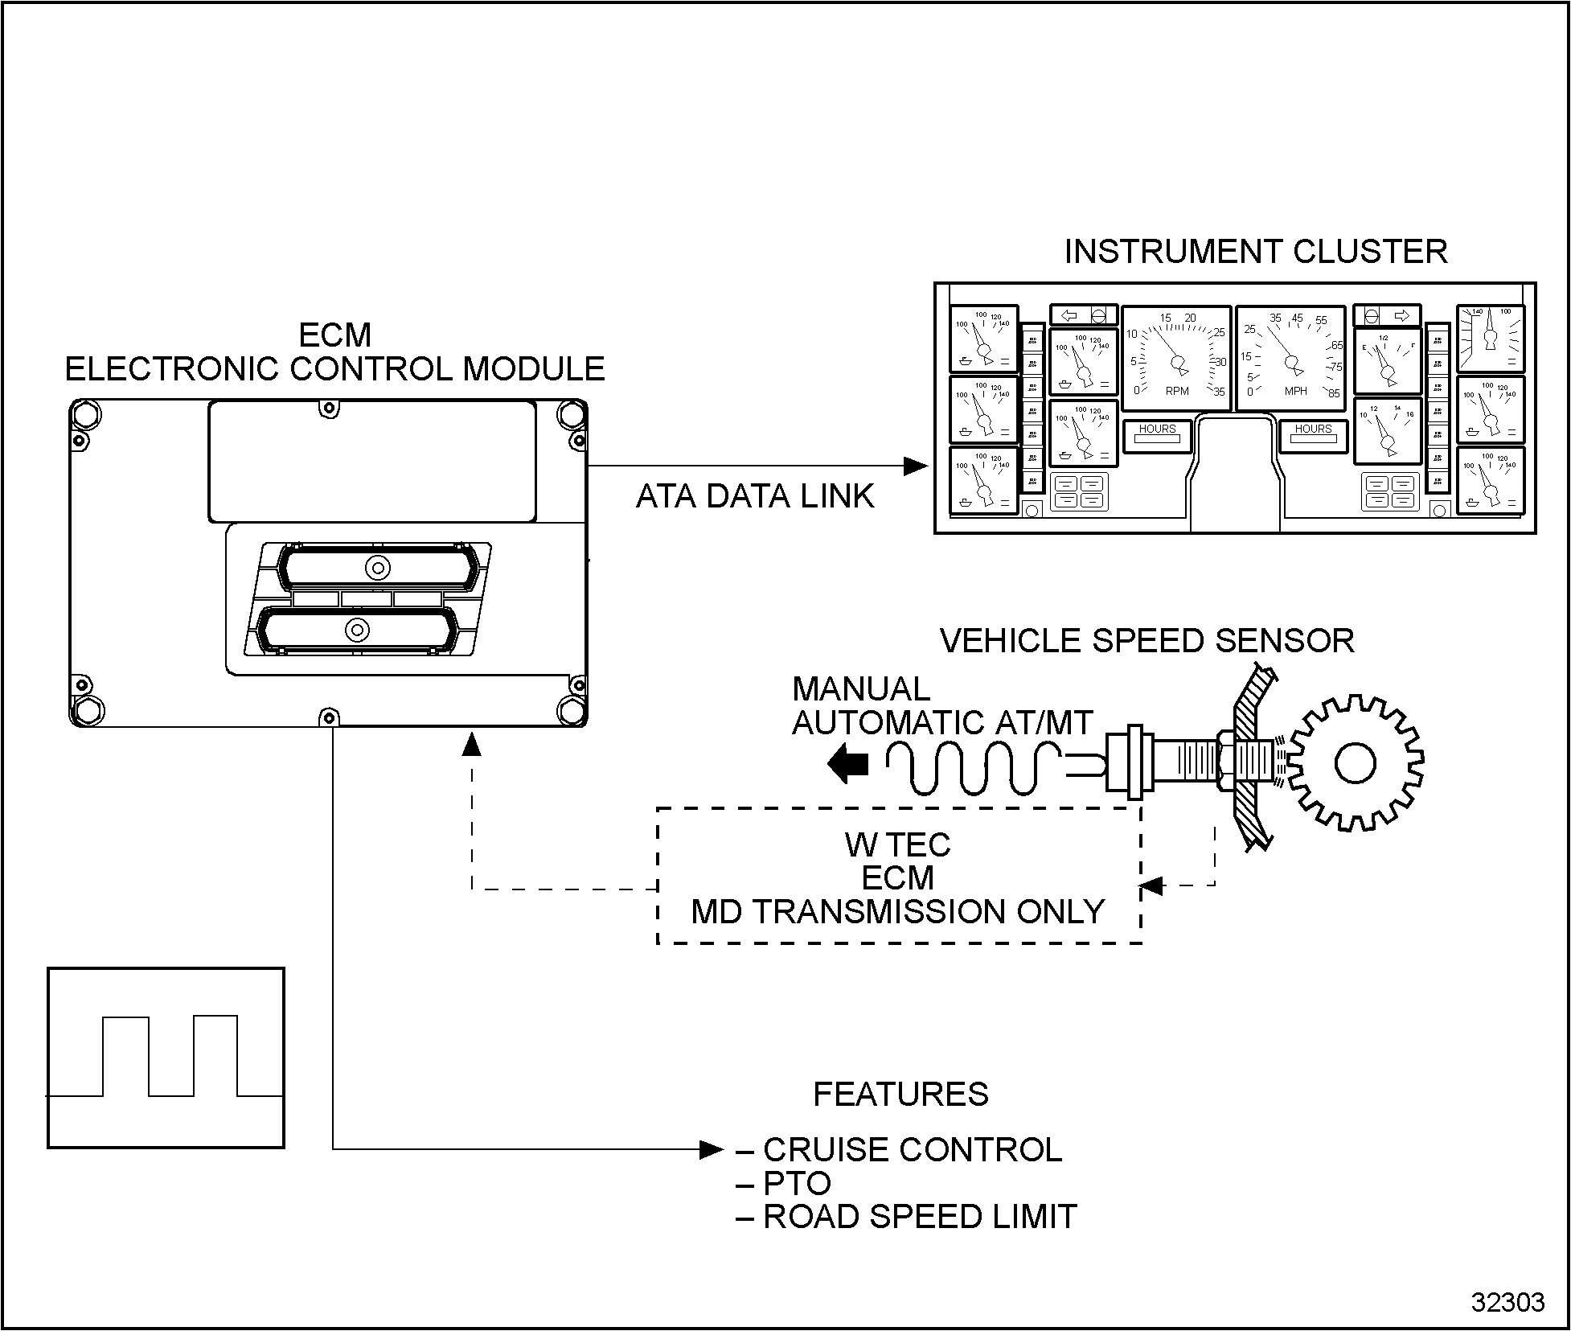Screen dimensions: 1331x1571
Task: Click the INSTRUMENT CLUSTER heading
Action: [x=1255, y=252]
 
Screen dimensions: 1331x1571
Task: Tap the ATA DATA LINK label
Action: [x=754, y=496]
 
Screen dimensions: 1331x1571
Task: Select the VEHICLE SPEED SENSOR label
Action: [x=1146, y=641]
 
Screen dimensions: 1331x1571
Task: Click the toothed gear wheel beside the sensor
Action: [x=1355, y=762]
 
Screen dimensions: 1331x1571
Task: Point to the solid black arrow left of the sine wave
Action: [x=847, y=762]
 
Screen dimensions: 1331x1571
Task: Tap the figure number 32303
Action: [x=1507, y=1302]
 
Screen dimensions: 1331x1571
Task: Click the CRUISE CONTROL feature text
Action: [x=912, y=1150]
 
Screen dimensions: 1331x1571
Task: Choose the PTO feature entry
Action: [x=796, y=1184]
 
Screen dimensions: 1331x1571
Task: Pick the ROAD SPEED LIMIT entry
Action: [x=919, y=1218]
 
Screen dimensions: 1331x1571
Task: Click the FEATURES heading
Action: [x=900, y=1095]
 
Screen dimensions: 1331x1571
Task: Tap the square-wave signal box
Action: [x=166, y=1058]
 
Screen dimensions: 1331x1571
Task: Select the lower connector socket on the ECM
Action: [x=355, y=629]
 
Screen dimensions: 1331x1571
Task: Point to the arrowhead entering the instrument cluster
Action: [x=917, y=466]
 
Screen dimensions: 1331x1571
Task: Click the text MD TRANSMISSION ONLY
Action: [x=898, y=912]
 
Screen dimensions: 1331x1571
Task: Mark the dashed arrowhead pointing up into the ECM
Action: [x=472, y=744]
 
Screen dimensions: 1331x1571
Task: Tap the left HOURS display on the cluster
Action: [x=1157, y=435]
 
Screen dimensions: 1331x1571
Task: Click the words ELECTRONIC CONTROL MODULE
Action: [x=334, y=369]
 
